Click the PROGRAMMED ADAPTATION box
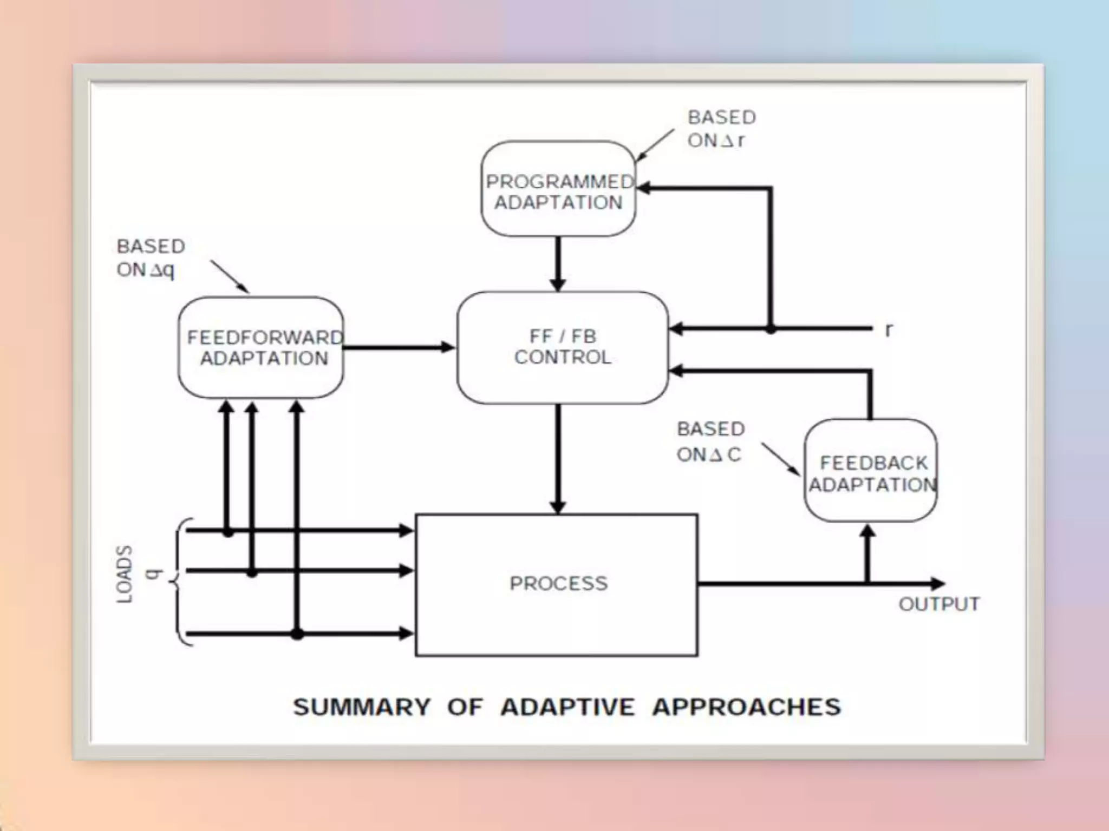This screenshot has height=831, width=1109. [x=558, y=189]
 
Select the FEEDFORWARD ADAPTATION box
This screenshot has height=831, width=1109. [x=261, y=348]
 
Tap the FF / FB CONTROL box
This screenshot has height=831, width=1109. [x=563, y=348]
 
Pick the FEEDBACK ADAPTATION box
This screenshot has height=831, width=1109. [x=871, y=471]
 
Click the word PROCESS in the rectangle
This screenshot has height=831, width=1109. [x=558, y=583]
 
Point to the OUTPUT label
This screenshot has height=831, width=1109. [x=939, y=604]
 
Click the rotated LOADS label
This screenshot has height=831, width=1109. [x=125, y=574]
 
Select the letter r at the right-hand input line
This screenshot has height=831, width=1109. [x=888, y=329]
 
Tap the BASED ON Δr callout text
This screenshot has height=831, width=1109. [x=721, y=129]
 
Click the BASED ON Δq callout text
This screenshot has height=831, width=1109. [x=151, y=258]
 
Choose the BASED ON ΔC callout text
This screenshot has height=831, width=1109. [x=710, y=441]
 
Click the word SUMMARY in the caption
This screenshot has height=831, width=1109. [x=362, y=707]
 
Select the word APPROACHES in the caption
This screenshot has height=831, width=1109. [x=747, y=707]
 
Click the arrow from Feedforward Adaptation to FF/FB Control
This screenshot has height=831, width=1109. [x=400, y=347]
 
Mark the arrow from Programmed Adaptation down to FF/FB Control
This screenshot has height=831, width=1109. [x=558, y=264]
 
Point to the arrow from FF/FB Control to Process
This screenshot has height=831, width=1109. [x=558, y=458]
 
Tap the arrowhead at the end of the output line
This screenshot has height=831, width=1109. [x=938, y=584]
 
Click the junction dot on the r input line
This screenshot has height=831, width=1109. [x=771, y=328]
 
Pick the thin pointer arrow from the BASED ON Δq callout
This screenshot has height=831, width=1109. [x=230, y=276]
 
